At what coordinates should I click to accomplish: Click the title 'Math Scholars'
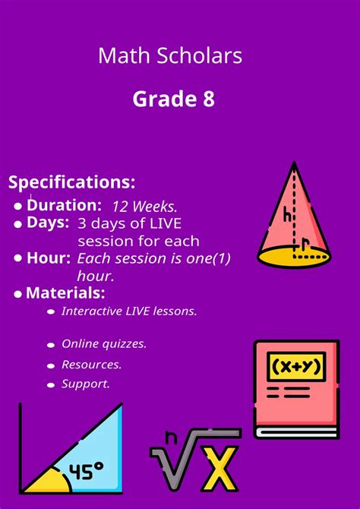point(170,55)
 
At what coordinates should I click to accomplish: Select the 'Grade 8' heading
point(173,99)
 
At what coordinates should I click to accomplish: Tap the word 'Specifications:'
point(72,182)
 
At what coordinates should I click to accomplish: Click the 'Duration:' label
point(64,205)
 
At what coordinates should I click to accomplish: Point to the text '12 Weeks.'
point(144,207)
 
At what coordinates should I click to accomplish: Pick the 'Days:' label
point(48,223)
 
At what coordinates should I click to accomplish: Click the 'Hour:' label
point(49,258)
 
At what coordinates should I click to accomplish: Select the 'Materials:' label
point(65,293)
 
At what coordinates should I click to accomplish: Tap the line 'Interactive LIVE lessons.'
point(129,311)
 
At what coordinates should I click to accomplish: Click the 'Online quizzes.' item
point(104,344)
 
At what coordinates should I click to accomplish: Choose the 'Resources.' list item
point(92,365)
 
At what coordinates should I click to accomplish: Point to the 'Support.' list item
point(86,384)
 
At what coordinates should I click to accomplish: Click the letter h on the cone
point(288,215)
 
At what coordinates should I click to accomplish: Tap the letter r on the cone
point(305,244)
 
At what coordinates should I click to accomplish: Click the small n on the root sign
point(172,437)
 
